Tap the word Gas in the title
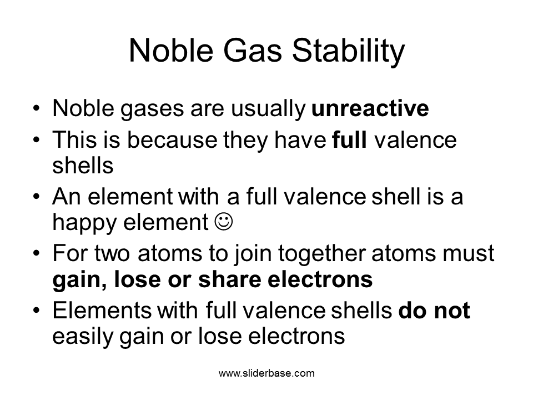coord(252,51)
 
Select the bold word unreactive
coord(370,108)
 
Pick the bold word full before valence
coord(349,139)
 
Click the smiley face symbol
coord(224,222)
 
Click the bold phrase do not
coord(434,310)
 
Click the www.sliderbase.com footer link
coord(266,373)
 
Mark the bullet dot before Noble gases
coord(37,108)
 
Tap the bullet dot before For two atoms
coord(37,253)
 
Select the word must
coord(467,254)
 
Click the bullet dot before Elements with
coord(37,310)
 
